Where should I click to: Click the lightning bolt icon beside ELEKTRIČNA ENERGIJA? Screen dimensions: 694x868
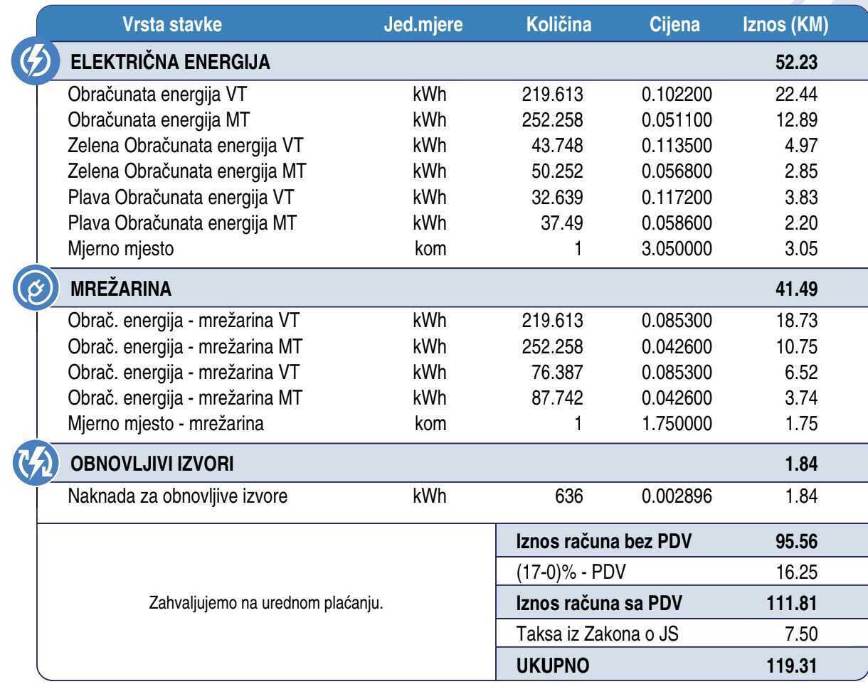coord(33,63)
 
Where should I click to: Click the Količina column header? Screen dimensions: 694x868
coord(559,25)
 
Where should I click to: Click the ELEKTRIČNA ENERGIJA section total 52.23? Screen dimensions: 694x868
coord(796,63)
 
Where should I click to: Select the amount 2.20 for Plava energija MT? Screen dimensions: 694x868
coord(801,223)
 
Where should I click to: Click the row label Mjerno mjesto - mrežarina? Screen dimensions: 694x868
coord(166,425)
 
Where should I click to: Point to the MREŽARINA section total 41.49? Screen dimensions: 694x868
coord(796,289)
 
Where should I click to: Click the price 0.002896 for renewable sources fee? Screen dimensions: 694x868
coord(677,496)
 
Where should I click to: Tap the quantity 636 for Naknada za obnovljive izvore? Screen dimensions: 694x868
coord(569,496)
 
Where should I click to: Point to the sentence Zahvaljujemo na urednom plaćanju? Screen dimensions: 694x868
coord(266,604)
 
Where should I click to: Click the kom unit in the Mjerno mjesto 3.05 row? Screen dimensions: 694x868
coord(430,248)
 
